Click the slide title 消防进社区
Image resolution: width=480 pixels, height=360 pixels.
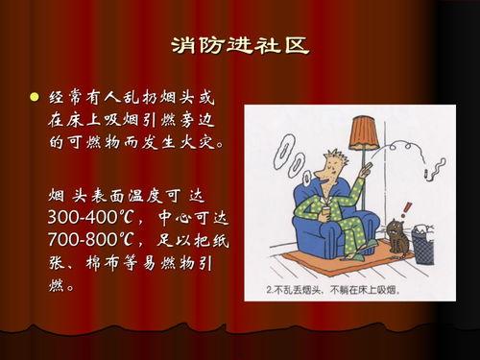240,47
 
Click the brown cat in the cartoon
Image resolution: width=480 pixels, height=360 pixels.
396,237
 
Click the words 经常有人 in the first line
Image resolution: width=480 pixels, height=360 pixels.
81,99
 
